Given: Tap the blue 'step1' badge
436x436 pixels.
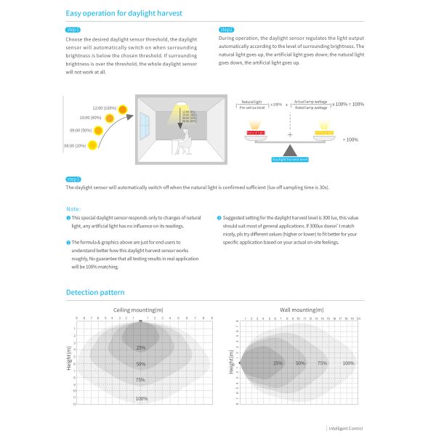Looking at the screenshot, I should (72, 30).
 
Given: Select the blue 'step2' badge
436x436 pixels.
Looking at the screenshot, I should (226, 30).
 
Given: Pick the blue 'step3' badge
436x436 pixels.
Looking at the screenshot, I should (73, 179).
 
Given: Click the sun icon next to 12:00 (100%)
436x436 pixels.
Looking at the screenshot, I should (123, 108).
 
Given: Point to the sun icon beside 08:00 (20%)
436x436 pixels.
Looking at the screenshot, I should (94, 145).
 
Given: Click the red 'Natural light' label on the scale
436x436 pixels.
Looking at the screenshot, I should (255, 133).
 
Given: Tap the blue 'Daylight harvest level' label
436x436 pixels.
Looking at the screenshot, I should (290, 158).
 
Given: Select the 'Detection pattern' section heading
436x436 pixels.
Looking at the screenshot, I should (95, 293).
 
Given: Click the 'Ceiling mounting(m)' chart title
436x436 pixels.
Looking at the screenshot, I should (138, 310).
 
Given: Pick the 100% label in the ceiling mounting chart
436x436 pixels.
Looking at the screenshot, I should (141, 398).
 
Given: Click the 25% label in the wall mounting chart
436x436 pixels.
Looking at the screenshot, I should (278, 363).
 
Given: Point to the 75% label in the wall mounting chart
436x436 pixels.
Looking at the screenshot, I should (324, 363).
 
